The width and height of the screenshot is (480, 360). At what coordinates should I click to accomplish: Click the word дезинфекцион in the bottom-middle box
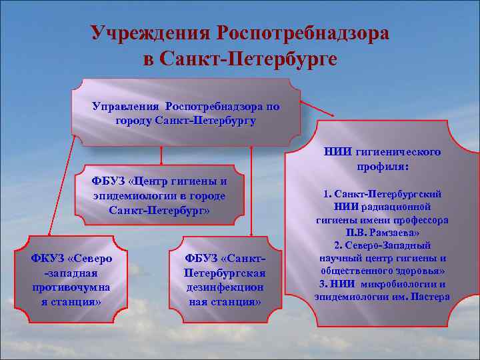coord(225,287)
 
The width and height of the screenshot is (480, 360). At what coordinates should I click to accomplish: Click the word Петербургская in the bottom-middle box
coord(225,273)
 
